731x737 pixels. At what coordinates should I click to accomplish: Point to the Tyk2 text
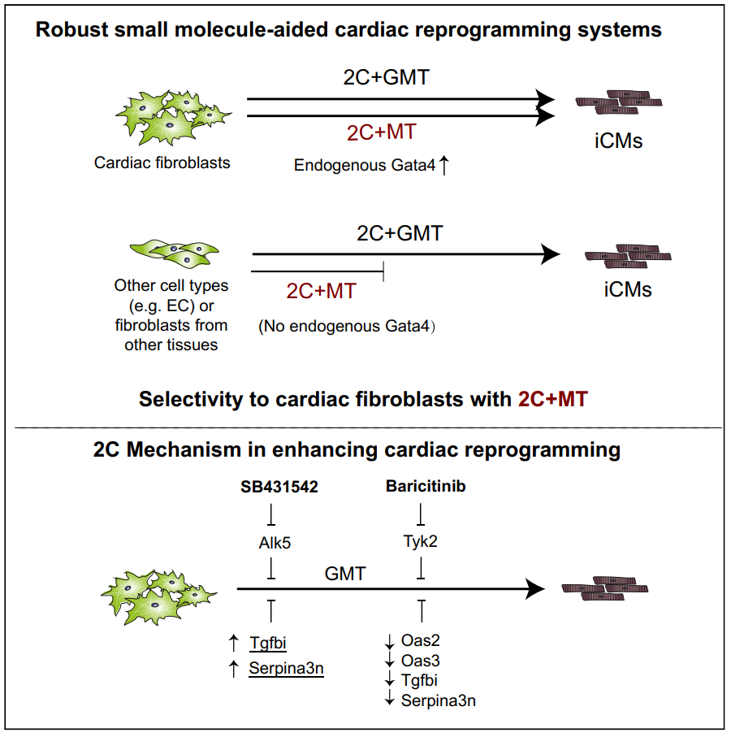pos(420,542)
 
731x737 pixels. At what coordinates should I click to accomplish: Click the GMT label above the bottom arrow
pos(345,574)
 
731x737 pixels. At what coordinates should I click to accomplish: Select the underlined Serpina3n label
pos(286,669)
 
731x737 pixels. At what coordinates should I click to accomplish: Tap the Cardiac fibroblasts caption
pos(162,163)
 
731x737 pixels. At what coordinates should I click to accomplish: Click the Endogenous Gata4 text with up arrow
pos(371,166)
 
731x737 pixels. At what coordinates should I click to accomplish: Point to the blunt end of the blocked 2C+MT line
pos(383,271)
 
